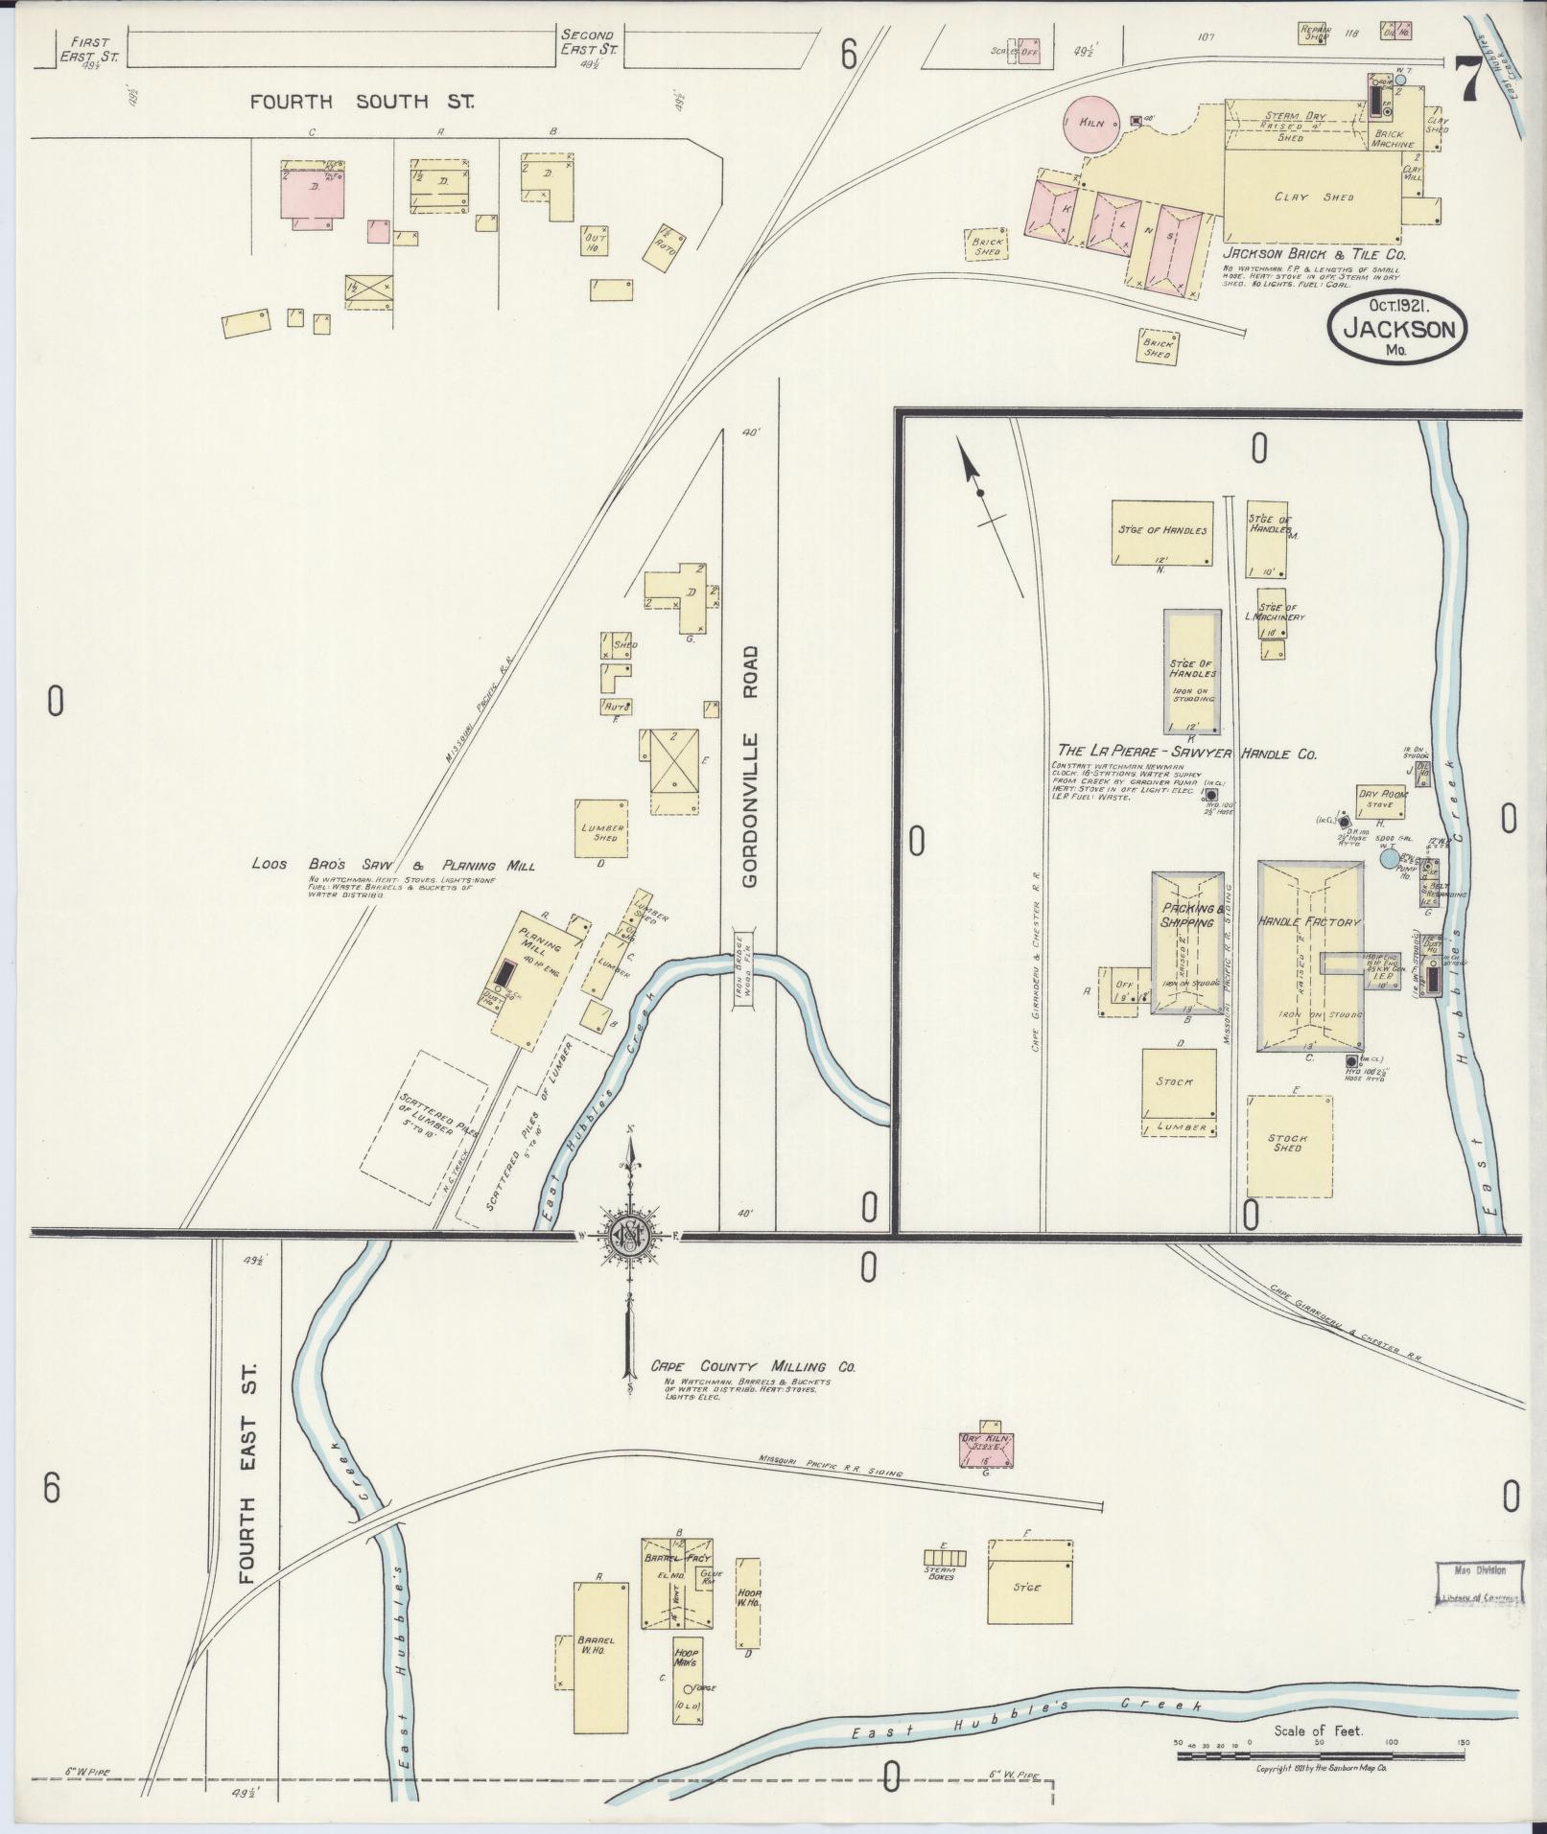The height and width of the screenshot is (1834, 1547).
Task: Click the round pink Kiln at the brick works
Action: click(x=1090, y=124)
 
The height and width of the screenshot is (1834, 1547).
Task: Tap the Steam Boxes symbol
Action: click(x=945, y=1558)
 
